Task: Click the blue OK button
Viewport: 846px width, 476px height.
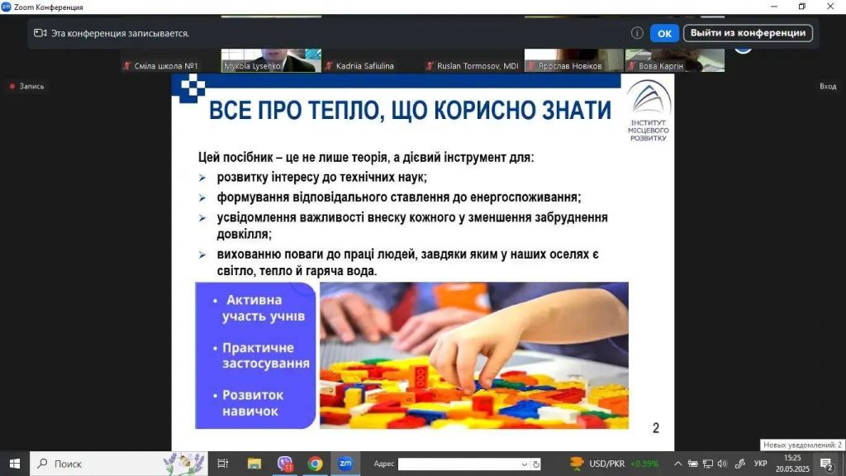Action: tap(664, 33)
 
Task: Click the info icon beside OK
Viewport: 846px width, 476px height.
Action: tap(637, 33)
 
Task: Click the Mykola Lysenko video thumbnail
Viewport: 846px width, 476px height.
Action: tap(271, 59)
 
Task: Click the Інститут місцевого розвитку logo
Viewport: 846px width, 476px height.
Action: tap(649, 111)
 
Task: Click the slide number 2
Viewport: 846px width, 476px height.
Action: tap(655, 428)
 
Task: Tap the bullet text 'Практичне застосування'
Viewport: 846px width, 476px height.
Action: tap(265, 355)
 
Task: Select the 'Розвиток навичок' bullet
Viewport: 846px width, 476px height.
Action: tap(253, 402)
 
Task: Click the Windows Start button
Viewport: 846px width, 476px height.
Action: tap(15, 464)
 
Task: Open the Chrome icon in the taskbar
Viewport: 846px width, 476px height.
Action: tap(315, 464)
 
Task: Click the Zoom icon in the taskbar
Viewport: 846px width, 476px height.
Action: tap(345, 463)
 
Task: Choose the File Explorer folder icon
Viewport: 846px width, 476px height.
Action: tap(254, 464)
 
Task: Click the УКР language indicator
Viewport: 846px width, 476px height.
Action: tap(761, 464)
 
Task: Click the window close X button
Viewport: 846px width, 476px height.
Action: tap(830, 7)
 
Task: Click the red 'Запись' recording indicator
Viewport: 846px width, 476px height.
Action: tap(27, 86)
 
